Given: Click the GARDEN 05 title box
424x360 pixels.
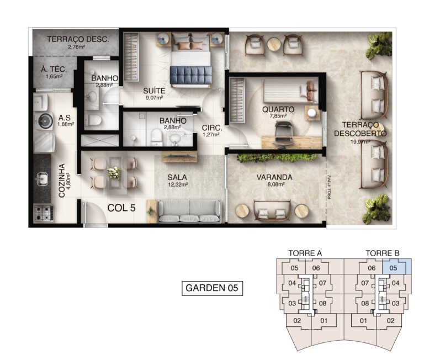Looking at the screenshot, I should [212, 288].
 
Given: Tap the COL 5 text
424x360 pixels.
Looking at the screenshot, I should [122, 208].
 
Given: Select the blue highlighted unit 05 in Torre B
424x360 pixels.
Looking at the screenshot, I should [393, 268].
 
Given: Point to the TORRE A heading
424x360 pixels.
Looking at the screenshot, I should [305, 253].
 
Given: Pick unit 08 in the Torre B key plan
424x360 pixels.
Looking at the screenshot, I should [365, 303].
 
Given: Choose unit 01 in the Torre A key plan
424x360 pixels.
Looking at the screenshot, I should [324, 321].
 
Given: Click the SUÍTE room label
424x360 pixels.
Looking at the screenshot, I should [154, 90].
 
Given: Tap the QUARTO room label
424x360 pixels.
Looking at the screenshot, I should [278, 109].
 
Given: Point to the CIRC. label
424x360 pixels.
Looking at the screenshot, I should [211, 127].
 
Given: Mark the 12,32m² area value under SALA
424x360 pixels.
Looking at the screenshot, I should [177, 185].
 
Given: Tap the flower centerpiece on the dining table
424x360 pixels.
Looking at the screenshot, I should [114, 172].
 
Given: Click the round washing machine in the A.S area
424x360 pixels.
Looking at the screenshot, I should [43, 120].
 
